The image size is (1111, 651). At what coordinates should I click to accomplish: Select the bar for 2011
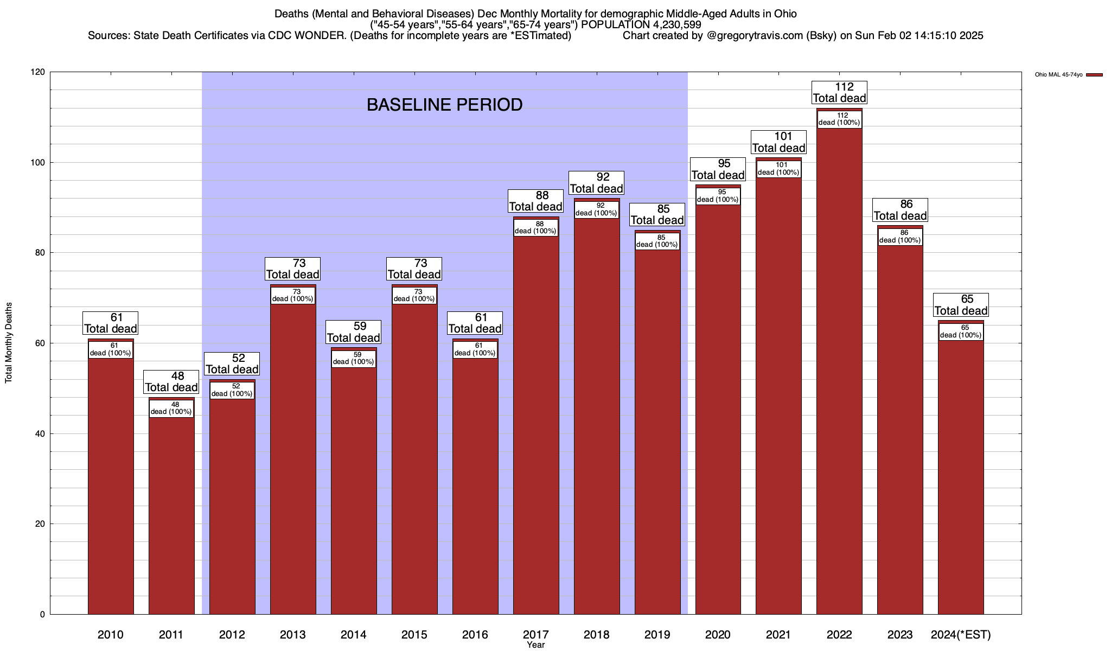point(171,515)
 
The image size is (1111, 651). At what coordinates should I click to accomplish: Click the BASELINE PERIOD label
point(444,105)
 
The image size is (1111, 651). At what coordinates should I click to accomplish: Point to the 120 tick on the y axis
point(39,72)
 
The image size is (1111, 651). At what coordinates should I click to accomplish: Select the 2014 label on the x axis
point(354,635)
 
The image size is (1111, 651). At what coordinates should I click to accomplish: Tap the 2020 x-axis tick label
point(718,635)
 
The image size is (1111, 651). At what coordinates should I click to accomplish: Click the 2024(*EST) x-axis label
point(961,635)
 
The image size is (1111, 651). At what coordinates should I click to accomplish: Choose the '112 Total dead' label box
point(839,93)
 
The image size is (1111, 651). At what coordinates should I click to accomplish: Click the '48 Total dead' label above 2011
point(171,382)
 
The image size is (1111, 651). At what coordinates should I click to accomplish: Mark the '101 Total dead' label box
point(778,142)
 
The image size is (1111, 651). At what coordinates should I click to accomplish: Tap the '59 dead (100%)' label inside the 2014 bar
point(353,359)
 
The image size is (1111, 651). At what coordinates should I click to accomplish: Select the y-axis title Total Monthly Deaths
point(9,343)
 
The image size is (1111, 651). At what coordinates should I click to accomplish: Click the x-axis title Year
point(535,645)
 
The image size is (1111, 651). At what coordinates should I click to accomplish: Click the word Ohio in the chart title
point(784,14)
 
